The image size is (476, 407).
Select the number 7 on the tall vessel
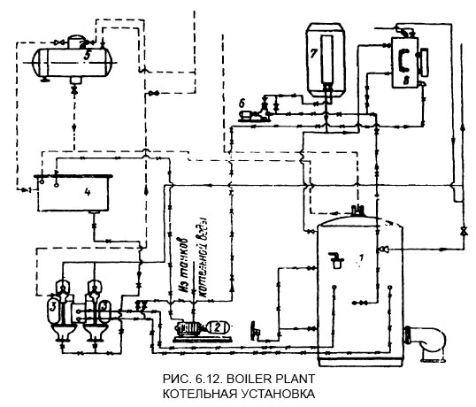(314, 52)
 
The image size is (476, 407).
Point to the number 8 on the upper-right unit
(405, 80)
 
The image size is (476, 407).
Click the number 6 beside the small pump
(242, 104)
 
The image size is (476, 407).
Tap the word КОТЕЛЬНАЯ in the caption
(193, 393)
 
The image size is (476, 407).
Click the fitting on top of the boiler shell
(359, 211)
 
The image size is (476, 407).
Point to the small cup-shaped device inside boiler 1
(336, 259)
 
